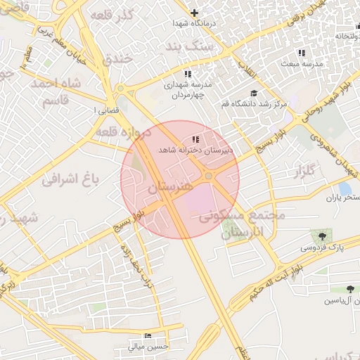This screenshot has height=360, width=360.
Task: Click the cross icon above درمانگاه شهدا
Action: (195, 13)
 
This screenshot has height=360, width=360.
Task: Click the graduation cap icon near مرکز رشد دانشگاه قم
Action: (253, 94)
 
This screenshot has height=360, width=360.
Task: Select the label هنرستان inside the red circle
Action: (169, 188)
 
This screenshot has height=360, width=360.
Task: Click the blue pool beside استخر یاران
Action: (345, 188)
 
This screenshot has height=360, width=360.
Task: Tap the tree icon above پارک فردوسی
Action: (323, 236)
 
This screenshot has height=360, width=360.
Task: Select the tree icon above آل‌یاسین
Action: (350, 289)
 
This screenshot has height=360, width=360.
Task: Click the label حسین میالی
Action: (148, 346)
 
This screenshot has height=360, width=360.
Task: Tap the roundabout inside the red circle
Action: (210, 176)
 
